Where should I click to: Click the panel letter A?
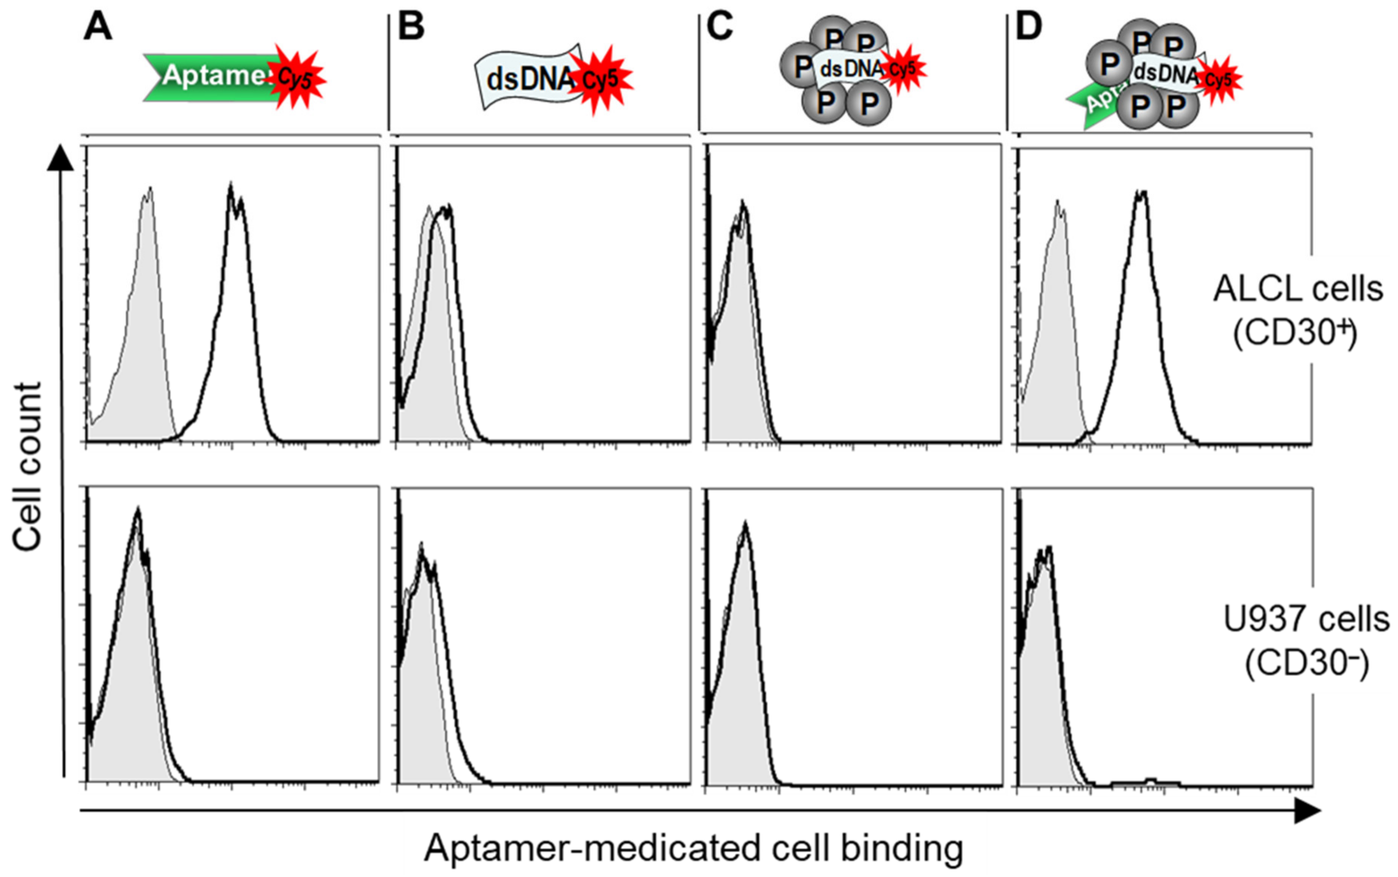coord(97,28)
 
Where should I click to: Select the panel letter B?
coord(411,28)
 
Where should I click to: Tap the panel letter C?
coord(720,28)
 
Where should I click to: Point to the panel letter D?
coord(1029,28)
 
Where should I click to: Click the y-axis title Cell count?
coord(28,467)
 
